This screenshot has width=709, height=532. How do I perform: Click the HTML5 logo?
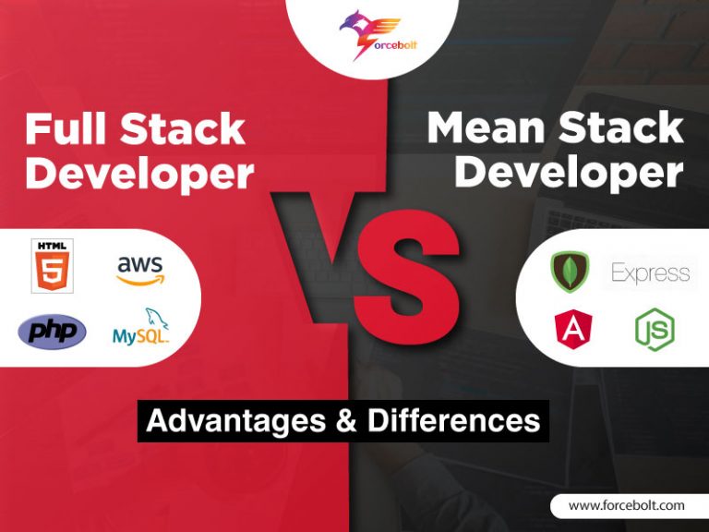[52, 266]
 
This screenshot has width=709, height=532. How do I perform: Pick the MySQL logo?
[140, 330]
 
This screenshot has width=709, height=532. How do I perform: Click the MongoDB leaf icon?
[571, 272]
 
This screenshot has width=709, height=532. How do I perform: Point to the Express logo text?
[650, 272]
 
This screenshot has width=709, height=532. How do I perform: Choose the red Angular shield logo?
[573, 329]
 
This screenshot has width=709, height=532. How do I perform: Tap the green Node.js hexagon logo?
[654, 329]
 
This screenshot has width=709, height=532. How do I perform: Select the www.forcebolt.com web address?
[626, 505]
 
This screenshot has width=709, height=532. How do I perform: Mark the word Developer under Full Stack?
[138, 174]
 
